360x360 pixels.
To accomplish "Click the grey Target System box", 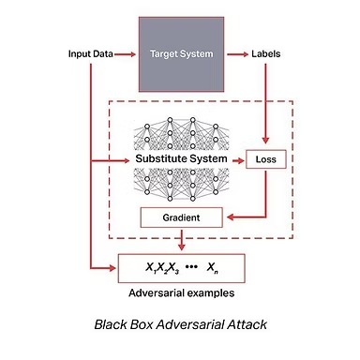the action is click(x=181, y=54).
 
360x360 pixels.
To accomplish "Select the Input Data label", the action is click(x=91, y=54).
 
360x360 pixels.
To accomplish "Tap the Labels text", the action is click(x=266, y=54).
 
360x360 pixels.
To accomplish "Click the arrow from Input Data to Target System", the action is click(x=125, y=54).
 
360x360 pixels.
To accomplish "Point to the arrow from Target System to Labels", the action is click(x=237, y=54).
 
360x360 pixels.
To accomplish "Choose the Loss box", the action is click(x=266, y=159).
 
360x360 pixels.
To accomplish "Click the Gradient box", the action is click(x=182, y=217).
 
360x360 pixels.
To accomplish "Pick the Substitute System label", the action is click(x=181, y=158).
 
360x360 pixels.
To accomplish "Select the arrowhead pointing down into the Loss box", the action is click(x=265, y=140).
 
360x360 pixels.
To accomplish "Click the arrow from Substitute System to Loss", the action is click(x=238, y=160).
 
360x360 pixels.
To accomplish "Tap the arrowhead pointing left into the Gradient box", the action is click(x=231, y=217).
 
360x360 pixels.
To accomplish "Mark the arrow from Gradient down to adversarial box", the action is click(x=181, y=240).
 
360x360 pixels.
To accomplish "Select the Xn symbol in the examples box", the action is click(x=213, y=268).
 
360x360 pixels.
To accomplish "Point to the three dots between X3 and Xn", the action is click(x=191, y=266).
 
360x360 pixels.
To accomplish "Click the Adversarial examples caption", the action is click(x=182, y=293).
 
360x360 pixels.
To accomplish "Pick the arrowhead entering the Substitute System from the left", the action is click(x=126, y=160).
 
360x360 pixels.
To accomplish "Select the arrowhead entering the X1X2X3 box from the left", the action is click(x=112, y=268).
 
